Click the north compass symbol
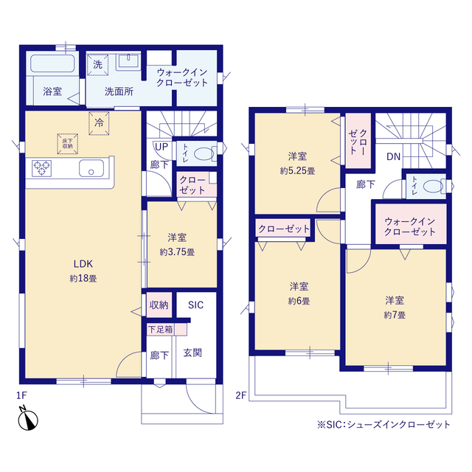pos(28,419)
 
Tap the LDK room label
pos(83,264)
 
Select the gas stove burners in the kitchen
pos(41,168)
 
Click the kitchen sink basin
pos(91,168)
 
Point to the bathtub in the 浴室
pos(52,63)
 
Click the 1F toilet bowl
pos(204,154)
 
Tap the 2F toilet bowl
pos(433,187)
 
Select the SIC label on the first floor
pos(195,305)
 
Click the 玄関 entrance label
pos(192,353)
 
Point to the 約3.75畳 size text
pos(177,252)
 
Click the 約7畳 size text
pos(395,315)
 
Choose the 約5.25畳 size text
pos(297,171)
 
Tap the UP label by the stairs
pos(162,147)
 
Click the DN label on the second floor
pos(393,156)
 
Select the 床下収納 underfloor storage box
pos(68,144)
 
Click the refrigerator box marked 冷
pos(99,123)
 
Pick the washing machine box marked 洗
pos(97,64)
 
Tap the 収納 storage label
pos(159,305)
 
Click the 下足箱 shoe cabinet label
pos(161,330)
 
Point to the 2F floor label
pos(241,395)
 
